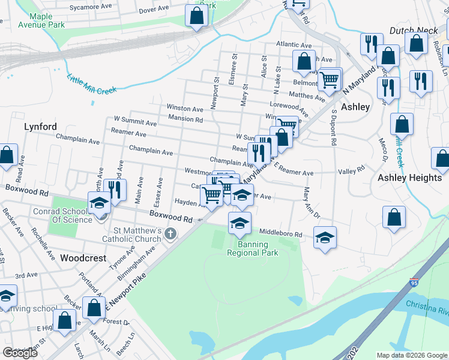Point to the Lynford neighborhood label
(40, 127)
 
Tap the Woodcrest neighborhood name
(83, 258)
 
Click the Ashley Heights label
(409, 178)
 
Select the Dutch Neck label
(411, 29)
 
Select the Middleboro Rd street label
(280, 233)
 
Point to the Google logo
(20, 352)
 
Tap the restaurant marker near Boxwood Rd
(115, 190)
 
